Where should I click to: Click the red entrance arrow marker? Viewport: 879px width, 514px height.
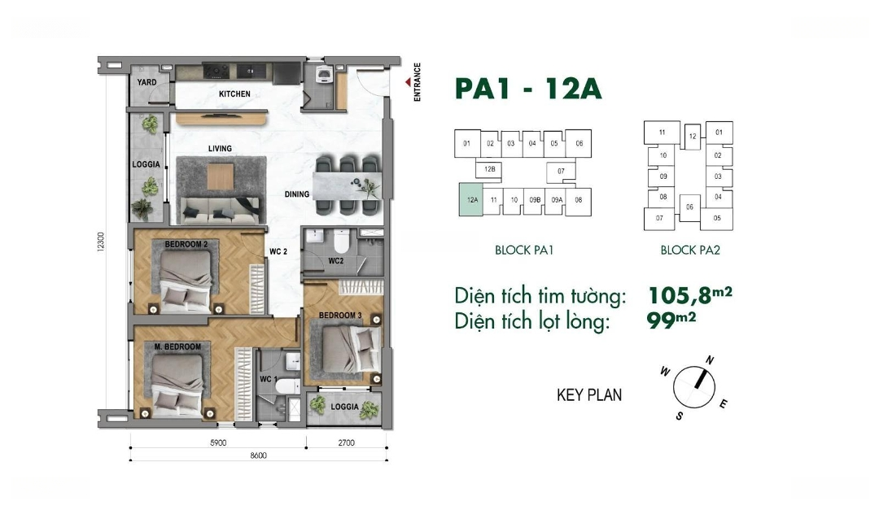[x=408, y=82]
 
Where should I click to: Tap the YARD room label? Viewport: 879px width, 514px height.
[x=146, y=82]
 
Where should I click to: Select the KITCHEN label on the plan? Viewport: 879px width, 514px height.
[x=234, y=94]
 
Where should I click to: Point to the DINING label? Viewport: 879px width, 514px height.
[x=296, y=194]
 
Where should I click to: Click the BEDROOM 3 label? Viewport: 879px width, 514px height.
[x=340, y=316]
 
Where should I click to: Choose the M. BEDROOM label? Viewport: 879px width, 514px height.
[x=177, y=347]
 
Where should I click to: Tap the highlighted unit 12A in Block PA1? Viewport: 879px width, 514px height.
[x=472, y=199]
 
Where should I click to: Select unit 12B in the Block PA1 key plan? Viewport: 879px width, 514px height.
[x=489, y=168]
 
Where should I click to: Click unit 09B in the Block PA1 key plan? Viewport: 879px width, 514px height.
[x=534, y=200]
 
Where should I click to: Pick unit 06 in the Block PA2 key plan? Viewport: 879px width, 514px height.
[x=689, y=207]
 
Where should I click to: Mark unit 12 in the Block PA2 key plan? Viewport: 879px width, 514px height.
[x=693, y=136]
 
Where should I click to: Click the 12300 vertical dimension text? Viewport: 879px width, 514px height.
[x=101, y=242]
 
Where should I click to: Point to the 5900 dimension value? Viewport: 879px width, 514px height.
[x=218, y=442]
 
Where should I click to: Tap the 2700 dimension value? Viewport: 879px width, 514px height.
[x=347, y=442]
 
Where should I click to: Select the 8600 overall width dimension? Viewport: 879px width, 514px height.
[x=259, y=455]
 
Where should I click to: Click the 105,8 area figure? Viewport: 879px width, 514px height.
[x=680, y=294]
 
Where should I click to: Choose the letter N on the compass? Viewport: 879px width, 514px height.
[x=710, y=360]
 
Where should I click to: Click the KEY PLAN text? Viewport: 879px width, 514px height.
[x=589, y=394]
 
